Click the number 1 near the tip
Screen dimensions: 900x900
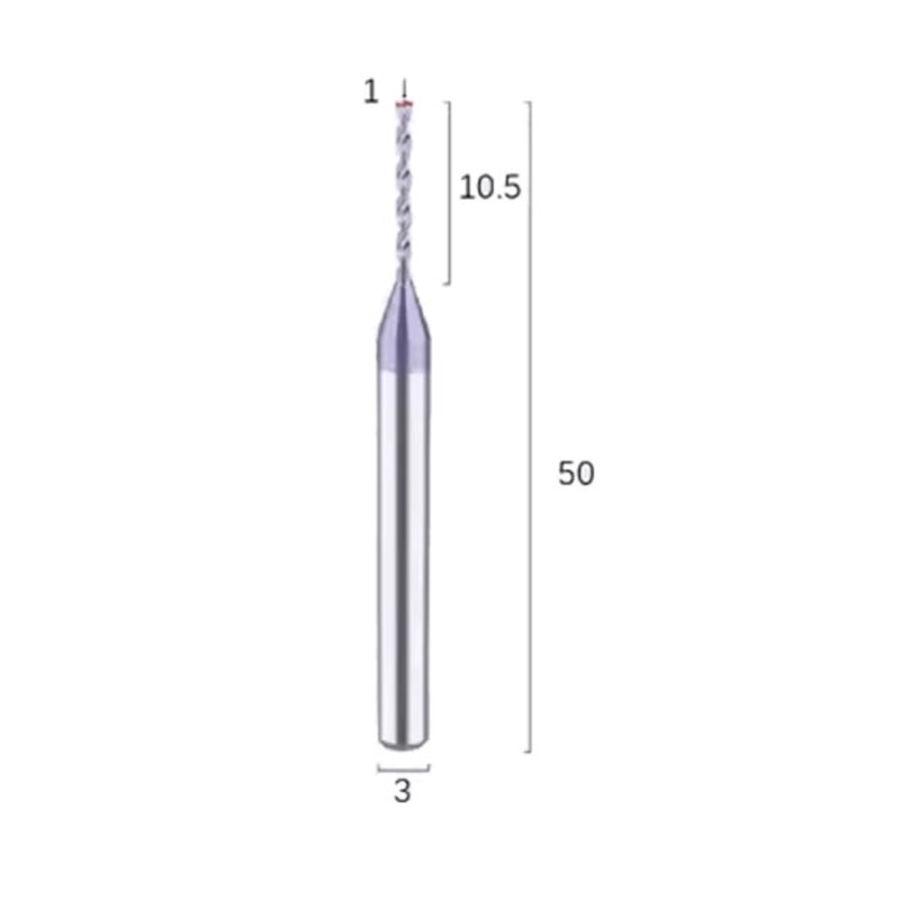(371, 92)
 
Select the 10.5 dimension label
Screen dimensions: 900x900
(490, 188)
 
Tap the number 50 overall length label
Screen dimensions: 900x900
(576, 473)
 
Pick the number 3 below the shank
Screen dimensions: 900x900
(402, 792)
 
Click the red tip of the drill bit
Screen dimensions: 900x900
(405, 107)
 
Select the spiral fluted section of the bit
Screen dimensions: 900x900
(403, 189)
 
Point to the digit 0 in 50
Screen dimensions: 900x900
(585, 473)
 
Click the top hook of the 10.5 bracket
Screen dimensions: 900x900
(445, 102)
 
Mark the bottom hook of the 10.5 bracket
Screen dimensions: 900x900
(445, 284)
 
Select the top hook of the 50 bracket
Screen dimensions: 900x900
(527, 102)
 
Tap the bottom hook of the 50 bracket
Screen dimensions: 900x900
(527, 751)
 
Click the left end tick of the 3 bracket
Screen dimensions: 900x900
(378, 768)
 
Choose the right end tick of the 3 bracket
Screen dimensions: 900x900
(429, 768)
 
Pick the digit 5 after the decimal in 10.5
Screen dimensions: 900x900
(511, 188)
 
